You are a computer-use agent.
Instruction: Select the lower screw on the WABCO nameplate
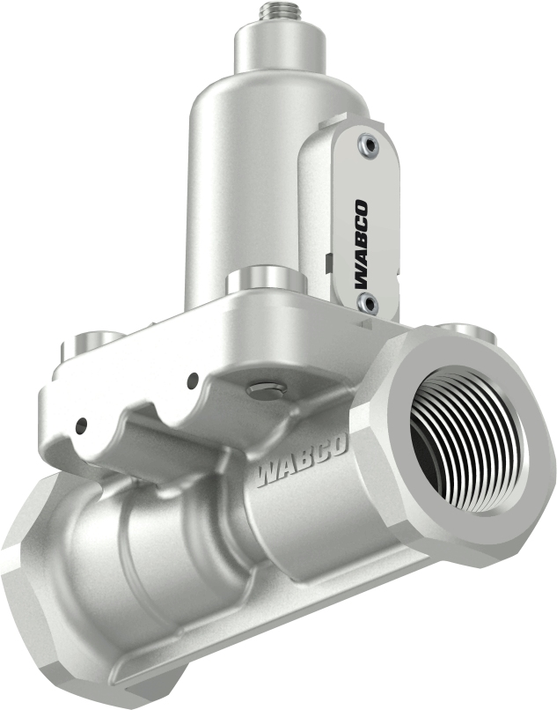[x=368, y=304]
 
